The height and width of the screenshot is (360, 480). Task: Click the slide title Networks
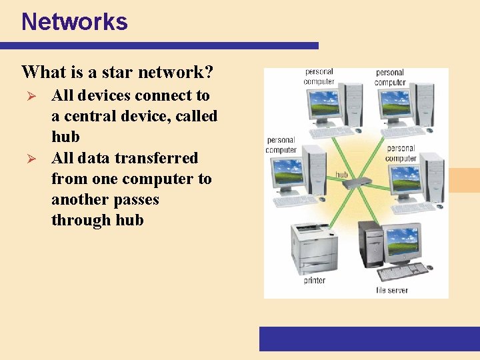74,22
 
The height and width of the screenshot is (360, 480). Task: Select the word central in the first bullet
91,116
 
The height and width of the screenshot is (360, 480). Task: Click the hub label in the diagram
341,175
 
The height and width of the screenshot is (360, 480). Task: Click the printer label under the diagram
315,281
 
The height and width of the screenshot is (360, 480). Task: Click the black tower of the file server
371,243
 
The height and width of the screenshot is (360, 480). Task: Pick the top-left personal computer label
319,77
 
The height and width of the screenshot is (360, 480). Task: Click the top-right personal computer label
390,77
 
